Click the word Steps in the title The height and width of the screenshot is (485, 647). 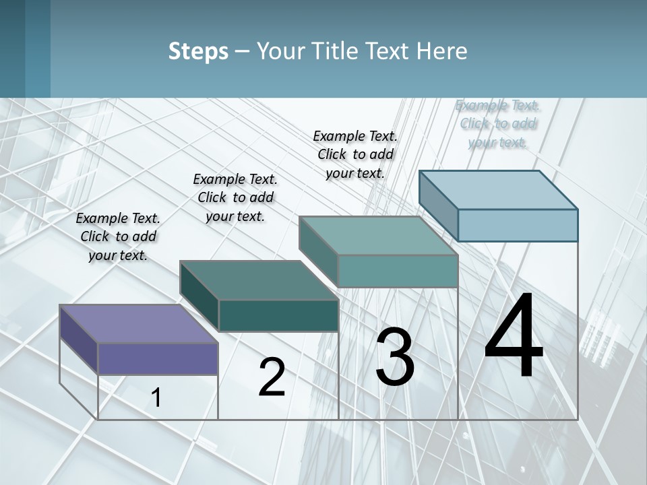[x=198, y=51]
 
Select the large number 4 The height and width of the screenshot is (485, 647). [x=514, y=337]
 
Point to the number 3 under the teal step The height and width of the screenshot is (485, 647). [x=395, y=357]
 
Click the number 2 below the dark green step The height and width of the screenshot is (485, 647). [x=272, y=377]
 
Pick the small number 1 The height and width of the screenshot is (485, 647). [x=156, y=397]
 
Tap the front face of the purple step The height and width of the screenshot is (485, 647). [x=158, y=358]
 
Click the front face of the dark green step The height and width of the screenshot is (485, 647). [x=278, y=315]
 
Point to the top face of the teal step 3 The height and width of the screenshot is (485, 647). [x=379, y=235]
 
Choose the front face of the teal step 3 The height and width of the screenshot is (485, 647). [x=398, y=271]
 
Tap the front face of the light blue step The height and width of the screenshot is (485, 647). [x=518, y=225]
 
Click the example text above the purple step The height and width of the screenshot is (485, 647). [x=118, y=237]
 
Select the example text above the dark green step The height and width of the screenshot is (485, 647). [x=235, y=197]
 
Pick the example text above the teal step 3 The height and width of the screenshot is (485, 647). [x=355, y=154]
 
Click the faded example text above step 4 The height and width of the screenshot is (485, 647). [x=498, y=123]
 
